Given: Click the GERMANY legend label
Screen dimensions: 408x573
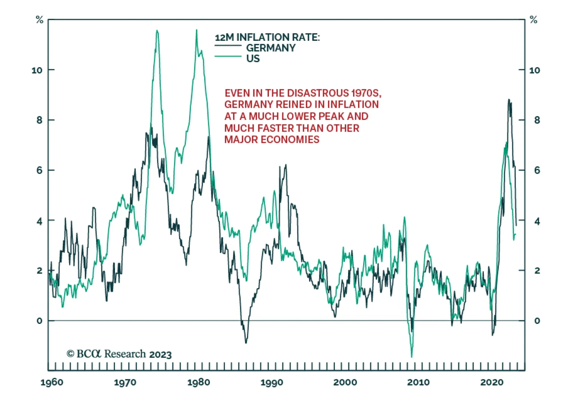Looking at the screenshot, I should [271, 48].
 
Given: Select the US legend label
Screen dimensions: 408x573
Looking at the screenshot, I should [253, 59].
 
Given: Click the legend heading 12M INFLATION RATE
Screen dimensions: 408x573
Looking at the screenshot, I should [267, 37].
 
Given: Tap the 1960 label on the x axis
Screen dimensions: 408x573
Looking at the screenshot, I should [52, 382].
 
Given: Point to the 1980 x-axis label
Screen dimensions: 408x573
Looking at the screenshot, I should [198, 382].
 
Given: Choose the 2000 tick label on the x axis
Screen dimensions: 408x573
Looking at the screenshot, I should [345, 382].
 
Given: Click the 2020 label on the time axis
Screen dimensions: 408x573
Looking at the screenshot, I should [492, 382].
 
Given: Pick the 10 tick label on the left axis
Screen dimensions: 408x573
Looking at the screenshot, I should [37, 70].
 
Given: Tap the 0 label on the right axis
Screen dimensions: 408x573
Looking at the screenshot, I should [537, 321].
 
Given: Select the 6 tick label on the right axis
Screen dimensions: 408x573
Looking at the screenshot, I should [537, 170].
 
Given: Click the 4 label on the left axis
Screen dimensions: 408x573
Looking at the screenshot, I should [39, 221].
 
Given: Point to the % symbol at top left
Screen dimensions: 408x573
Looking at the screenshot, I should [39, 20].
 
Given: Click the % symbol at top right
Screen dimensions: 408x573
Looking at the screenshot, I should [534, 20].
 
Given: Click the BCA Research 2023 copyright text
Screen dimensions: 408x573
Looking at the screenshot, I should [119, 354].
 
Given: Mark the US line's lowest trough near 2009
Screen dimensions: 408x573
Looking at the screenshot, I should [411, 357].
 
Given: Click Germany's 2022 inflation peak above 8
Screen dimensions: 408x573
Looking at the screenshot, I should [509, 100].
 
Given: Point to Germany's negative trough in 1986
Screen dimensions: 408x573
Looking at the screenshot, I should [246, 343].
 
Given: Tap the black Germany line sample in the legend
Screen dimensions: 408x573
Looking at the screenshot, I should [228, 46].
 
